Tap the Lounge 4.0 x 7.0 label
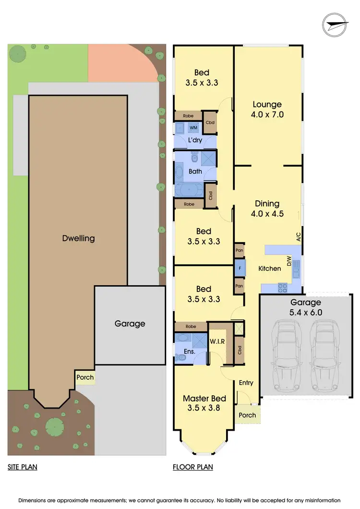(x=268, y=109)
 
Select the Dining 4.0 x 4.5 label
(x=267, y=209)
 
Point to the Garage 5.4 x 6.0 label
(x=305, y=307)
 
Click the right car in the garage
(x=324, y=355)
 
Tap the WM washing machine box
(x=193, y=128)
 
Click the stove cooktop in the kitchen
(x=282, y=288)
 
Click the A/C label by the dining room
(x=298, y=237)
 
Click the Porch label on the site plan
(x=85, y=377)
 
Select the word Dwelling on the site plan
(x=78, y=238)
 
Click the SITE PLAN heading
(x=22, y=466)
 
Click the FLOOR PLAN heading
(x=192, y=466)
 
